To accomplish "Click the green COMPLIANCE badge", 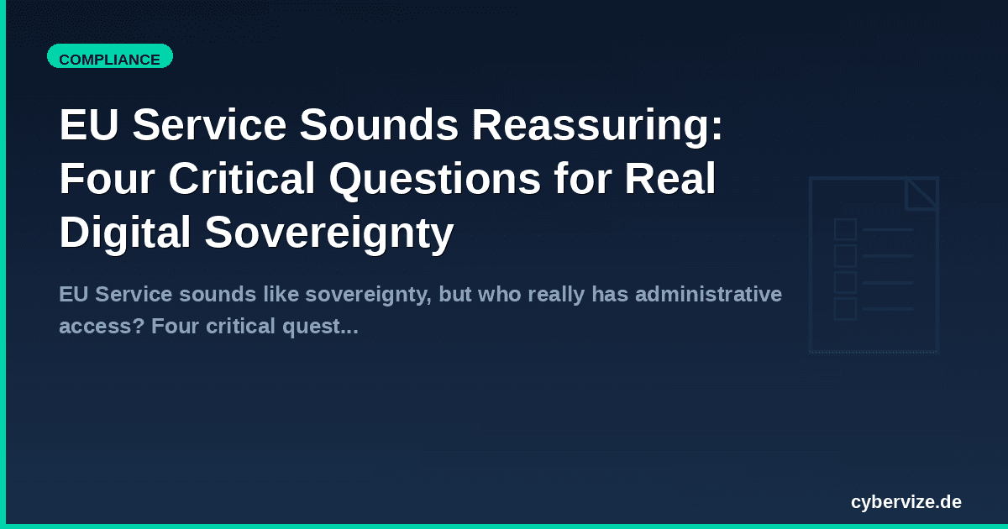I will [x=109, y=59].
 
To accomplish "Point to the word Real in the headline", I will [x=675, y=180].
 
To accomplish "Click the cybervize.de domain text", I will [x=906, y=502].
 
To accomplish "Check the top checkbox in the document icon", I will [x=845, y=229].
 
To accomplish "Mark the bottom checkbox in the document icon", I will [x=845, y=309].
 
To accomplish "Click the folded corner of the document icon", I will [x=921, y=192].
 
